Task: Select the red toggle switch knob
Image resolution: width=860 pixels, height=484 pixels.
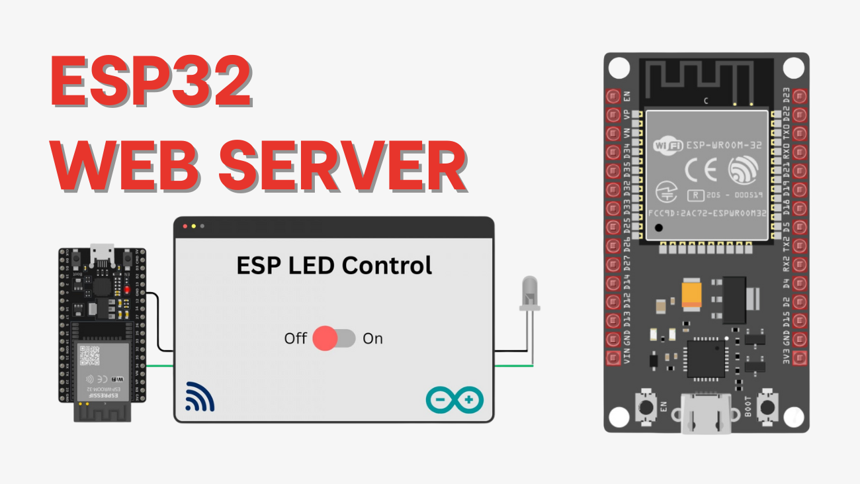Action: point(325,338)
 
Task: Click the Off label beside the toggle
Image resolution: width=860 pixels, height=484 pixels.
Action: point(296,338)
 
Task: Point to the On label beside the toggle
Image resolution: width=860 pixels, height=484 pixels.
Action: point(372,338)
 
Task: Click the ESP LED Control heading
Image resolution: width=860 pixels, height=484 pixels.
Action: point(334,266)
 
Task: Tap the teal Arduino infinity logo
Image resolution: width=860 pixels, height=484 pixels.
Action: point(454,400)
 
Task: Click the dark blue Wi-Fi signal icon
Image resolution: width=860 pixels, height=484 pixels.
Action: point(200,397)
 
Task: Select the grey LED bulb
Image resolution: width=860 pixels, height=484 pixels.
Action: point(529,292)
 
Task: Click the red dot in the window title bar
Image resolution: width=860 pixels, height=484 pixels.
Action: point(185,226)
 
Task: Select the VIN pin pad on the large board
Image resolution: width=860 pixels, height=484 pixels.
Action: point(613,358)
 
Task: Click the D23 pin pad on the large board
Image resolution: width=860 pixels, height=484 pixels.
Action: point(800,96)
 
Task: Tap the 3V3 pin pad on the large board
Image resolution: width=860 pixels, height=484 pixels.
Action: point(800,358)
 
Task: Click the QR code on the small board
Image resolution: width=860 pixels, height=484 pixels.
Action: point(89,356)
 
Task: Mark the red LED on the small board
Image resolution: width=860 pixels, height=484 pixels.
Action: point(126,290)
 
